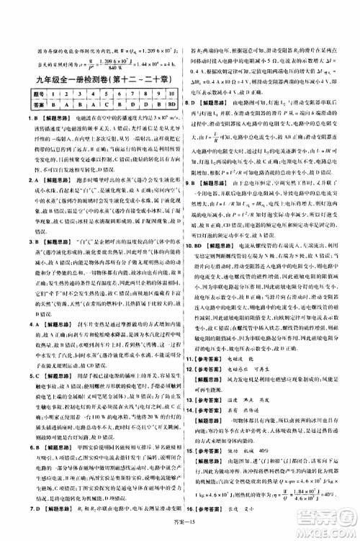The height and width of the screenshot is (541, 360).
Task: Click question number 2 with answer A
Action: pos(15,175)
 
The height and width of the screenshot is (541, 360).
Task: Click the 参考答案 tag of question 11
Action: pos(212,377)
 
